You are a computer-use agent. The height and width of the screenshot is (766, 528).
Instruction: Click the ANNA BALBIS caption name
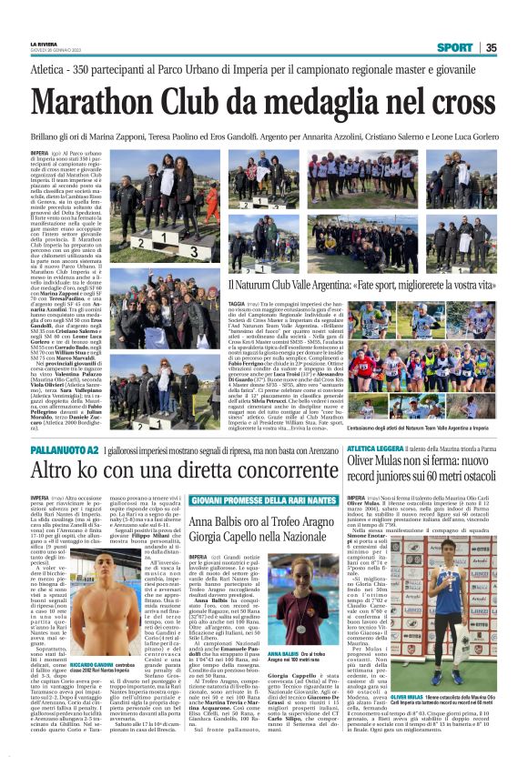[256, 652]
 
